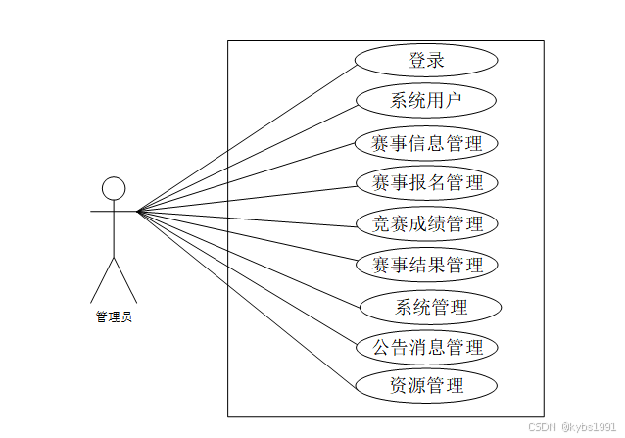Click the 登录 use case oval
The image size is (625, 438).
(426, 60)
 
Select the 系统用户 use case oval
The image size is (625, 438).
(426, 100)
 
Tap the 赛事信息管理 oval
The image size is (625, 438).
(426, 143)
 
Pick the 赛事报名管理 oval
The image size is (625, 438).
(426, 183)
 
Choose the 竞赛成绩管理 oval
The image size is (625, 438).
(426, 223)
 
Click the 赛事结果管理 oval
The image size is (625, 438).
(426, 265)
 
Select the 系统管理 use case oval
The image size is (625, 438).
(431, 307)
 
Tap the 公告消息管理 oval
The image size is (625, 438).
(426, 347)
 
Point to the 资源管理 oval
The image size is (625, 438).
(426, 385)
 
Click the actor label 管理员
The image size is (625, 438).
(114, 316)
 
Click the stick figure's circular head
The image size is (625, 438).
(115, 189)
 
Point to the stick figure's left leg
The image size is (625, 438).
(103, 279)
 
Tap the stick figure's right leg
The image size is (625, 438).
(126, 279)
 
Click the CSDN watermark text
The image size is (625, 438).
(542, 427)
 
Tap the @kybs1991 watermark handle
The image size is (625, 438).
(589, 427)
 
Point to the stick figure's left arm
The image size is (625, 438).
(102, 211)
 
